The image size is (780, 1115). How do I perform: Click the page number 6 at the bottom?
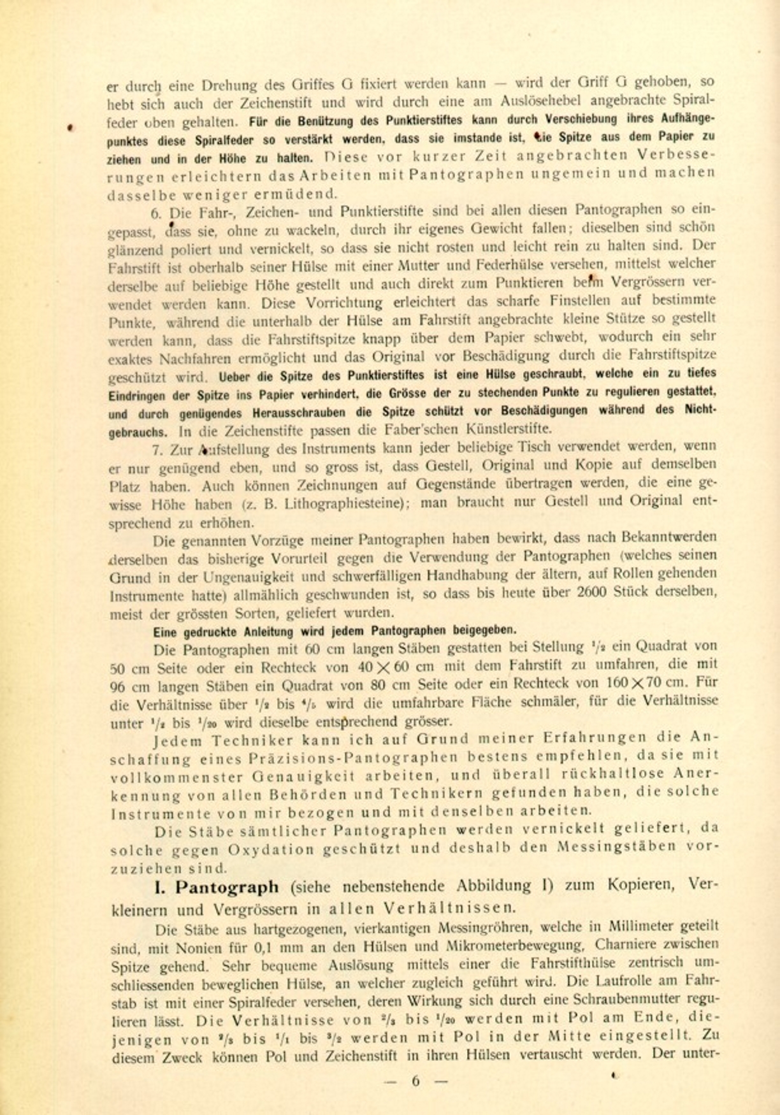[415, 1081]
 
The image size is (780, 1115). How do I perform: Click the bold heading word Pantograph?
[227, 888]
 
